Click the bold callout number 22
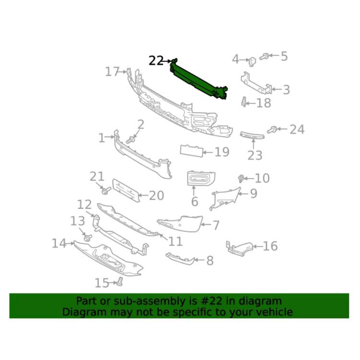tap(156, 61)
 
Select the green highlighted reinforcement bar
tap(199, 79)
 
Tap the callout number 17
tap(112, 72)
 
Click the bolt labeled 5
tap(264, 56)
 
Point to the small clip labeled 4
tap(252, 61)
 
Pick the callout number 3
tap(286, 90)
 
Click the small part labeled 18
tap(244, 102)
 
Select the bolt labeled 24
tap(272, 130)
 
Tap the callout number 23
tap(255, 156)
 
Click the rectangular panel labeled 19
tap(192, 151)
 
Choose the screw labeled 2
tap(130, 140)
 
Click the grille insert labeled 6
tap(201, 178)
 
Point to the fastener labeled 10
tap(241, 178)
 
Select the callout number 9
tap(253, 193)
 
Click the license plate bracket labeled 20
tap(126, 191)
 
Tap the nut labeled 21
tap(106, 190)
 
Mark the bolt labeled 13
tap(88, 238)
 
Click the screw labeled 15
tap(120, 282)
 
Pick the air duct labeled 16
tap(240, 249)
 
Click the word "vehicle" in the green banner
tap(274, 312)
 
